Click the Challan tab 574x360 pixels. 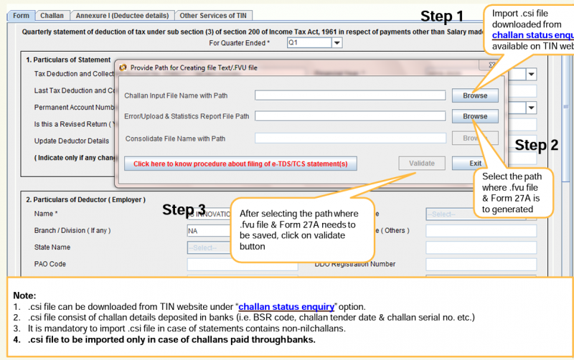tap(52, 15)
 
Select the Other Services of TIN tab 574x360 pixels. tap(213, 15)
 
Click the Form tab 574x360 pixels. tap(22, 15)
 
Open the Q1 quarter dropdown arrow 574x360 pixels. tap(337, 43)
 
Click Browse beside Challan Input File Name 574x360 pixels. tap(474, 95)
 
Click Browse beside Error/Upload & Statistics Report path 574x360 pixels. tap(474, 116)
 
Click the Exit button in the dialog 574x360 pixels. tap(475, 163)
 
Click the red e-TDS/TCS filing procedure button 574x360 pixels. tap(240, 164)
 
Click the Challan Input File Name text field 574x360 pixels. tap(349, 95)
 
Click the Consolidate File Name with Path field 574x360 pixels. tap(349, 138)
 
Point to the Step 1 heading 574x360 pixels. tap(442, 16)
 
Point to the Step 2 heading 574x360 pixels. tap(537, 145)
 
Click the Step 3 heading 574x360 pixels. tap(184, 209)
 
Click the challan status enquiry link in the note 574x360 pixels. tap(286, 306)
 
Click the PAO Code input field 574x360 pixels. tap(242, 265)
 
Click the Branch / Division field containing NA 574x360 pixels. tap(242, 231)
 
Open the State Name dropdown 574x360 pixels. tap(242, 247)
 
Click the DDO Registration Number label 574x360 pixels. tap(354, 264)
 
